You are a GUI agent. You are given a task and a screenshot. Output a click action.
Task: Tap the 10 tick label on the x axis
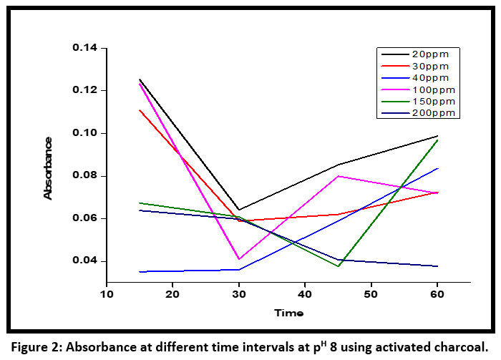point(107,294)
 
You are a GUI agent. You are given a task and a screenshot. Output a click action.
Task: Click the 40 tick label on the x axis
point(305,294)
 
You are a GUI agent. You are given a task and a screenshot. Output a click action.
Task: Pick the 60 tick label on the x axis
point(437,294)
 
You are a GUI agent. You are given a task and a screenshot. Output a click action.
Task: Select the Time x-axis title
point(288,313)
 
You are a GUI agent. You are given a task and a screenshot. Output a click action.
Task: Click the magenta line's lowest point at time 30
point(239,258)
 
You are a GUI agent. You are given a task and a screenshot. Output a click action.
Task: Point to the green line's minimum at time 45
point(338,266)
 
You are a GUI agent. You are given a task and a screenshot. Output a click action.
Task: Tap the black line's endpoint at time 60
point(437,136)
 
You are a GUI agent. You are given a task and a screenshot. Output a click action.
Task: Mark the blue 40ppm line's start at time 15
point(140,271)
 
